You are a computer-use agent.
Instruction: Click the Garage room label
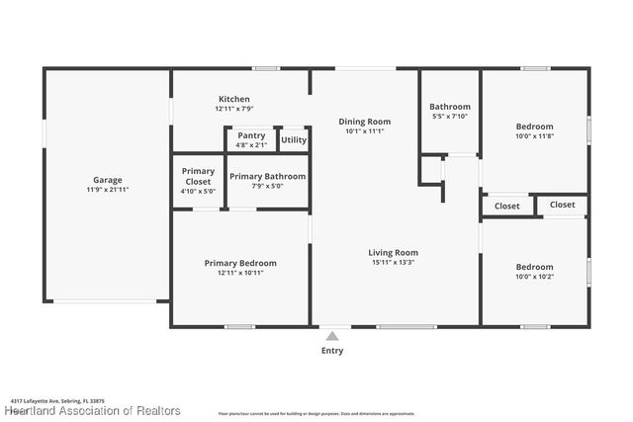107,180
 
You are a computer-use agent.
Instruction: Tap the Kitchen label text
233,99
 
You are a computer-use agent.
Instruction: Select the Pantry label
251,136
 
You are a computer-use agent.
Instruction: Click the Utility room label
294,140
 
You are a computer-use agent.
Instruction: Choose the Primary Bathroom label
267,176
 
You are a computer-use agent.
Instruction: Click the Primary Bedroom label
240,263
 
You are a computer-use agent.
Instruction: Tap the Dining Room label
365,122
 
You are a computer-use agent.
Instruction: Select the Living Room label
394,253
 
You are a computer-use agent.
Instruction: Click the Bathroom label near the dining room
450,107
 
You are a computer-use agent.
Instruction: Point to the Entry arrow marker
333,333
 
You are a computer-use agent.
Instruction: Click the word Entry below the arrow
333,350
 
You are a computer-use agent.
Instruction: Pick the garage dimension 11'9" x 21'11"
107,189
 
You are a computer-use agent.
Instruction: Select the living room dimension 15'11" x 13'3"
394,263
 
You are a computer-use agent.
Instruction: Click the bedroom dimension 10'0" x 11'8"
534,135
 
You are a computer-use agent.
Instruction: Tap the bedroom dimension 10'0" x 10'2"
534,277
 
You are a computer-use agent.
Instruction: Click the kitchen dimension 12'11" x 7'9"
233,109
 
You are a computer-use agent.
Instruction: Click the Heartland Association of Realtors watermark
93,410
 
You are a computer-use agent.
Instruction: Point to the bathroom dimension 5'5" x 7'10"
450,117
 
